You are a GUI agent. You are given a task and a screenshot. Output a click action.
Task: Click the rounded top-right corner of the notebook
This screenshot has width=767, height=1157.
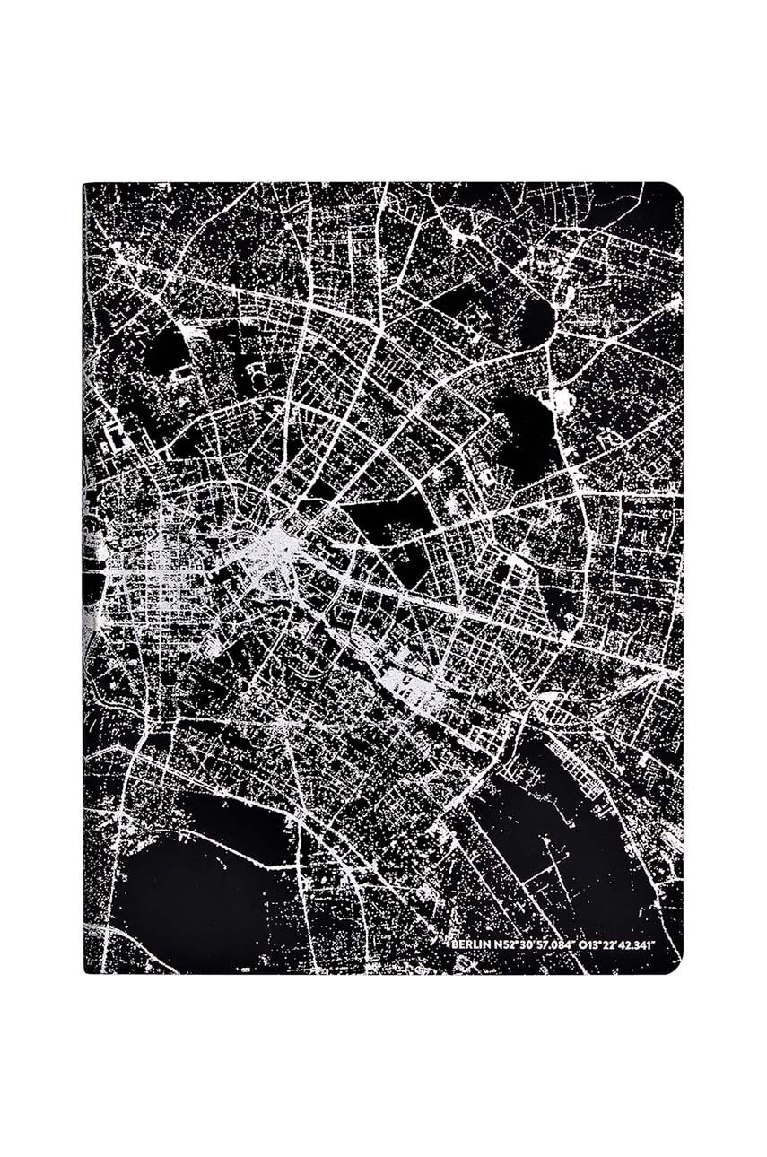(675, 190)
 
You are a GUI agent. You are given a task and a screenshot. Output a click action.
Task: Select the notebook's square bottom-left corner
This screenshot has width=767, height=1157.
(85, 970)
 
